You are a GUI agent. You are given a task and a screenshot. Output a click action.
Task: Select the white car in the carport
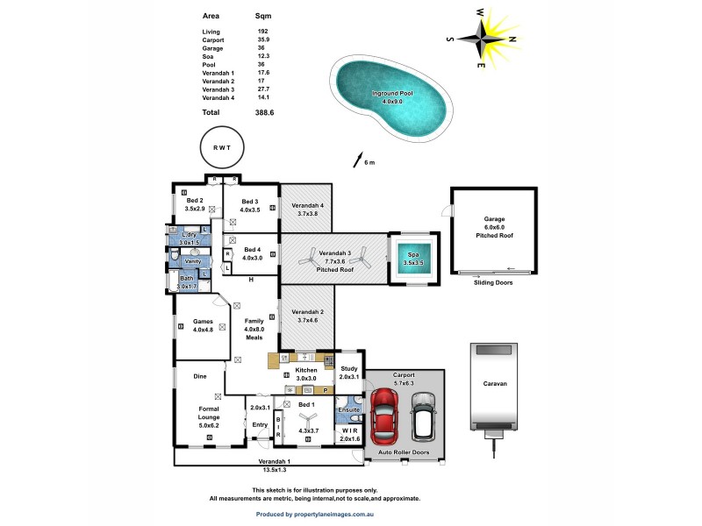point(424,415)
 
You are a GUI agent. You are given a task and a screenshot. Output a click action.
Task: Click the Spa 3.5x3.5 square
point(412,259)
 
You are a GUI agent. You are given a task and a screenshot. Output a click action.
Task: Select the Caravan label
point(494,384)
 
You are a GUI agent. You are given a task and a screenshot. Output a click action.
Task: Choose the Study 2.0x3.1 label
point(349,373)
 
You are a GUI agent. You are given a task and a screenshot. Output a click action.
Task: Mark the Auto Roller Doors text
point(405,452)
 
